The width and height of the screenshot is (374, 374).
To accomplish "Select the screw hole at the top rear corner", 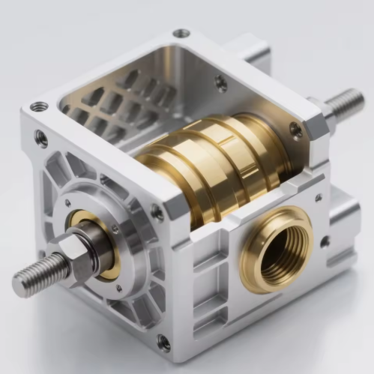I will click(x=181, y=34).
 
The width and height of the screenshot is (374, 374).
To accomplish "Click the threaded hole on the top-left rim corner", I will click(x=39, y=106).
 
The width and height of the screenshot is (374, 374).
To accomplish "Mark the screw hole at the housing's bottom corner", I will click(x=163, y=343).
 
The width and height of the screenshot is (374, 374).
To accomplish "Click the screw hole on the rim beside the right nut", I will click(x=297, y=130).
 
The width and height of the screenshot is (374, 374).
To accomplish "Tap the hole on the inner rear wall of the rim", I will click(x=221, y=83).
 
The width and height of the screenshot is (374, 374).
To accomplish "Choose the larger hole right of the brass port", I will click(x=325, y=242).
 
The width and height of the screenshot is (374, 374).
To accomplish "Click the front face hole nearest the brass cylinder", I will click(x=157, y=213).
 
